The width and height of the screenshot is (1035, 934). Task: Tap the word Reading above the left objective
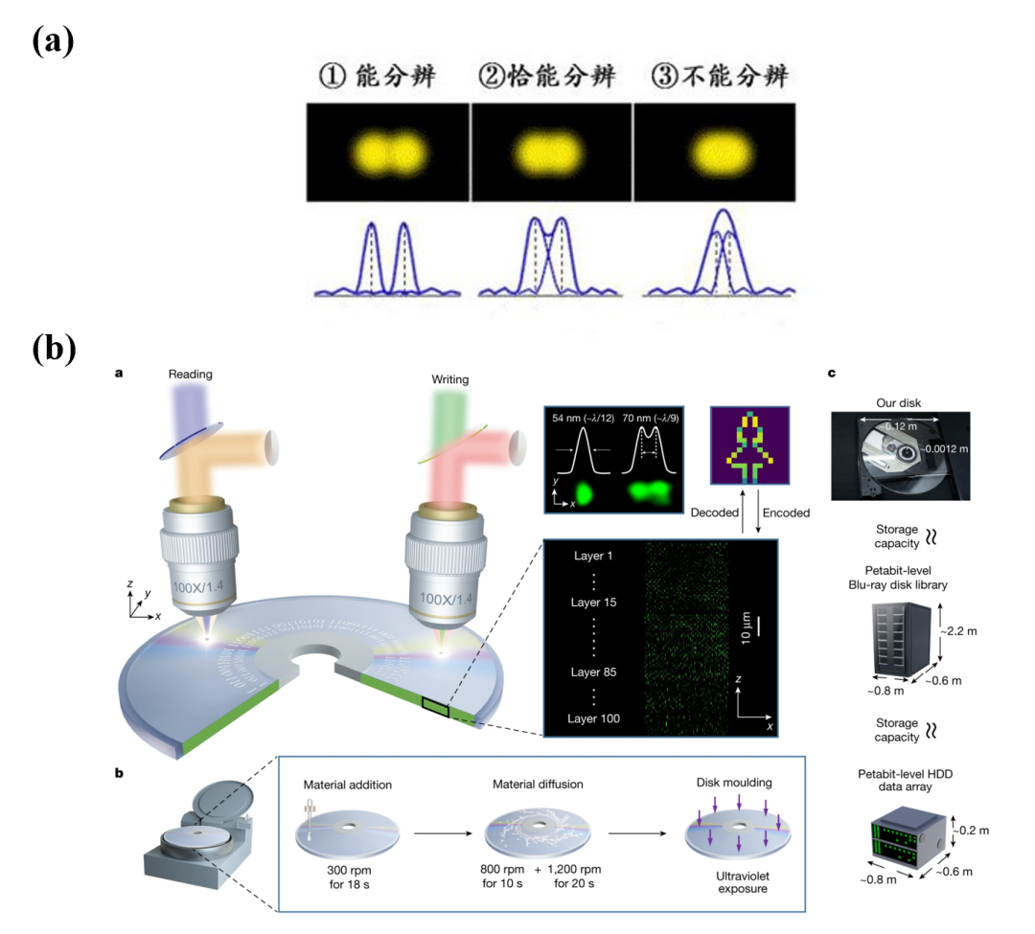[190, 375]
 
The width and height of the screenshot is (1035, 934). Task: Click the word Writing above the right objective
[449, 379]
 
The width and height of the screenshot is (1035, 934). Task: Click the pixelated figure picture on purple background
[748, 447]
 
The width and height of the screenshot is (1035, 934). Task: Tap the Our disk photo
[900, 456]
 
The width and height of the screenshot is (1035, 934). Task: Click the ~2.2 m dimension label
[961, 631]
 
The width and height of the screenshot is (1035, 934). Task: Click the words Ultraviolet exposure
[735, 878]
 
